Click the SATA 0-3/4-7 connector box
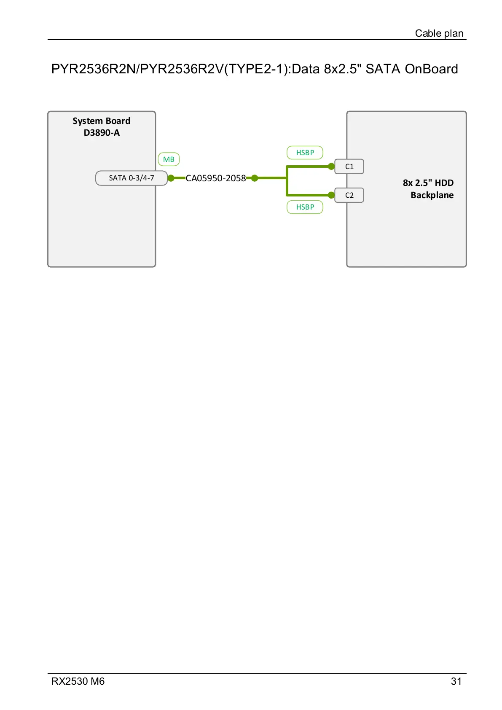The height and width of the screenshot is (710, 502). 132,178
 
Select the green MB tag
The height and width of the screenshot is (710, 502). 169,159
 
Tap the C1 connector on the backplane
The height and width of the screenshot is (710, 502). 349,167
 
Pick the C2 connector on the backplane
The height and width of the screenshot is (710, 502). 349,195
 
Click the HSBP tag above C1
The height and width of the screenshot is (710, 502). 305,153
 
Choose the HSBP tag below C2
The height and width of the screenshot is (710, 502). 305,207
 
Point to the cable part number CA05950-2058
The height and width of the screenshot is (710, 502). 216,178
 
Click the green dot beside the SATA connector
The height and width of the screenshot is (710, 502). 171,178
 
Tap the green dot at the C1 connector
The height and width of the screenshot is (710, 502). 331,167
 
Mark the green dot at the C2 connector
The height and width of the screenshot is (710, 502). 331,195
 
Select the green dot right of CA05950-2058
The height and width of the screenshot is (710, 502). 255,178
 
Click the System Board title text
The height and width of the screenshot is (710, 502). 101,121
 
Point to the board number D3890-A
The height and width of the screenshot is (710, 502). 102,133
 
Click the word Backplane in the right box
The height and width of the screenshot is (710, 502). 432,195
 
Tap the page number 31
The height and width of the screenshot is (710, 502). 456,681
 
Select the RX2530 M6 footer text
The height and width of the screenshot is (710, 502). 78,681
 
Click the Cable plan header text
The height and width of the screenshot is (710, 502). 439,33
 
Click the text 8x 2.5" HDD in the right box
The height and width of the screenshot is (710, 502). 428,183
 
